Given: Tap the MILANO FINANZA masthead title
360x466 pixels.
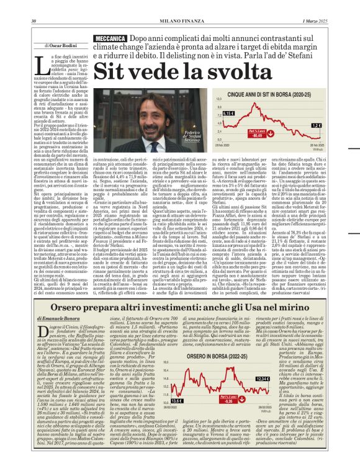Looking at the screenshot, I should tap(179, 6).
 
